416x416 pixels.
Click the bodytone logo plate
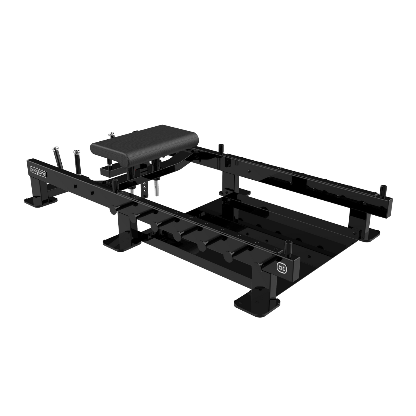pos(37,169)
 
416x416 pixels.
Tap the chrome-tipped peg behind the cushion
pos(112,134)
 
